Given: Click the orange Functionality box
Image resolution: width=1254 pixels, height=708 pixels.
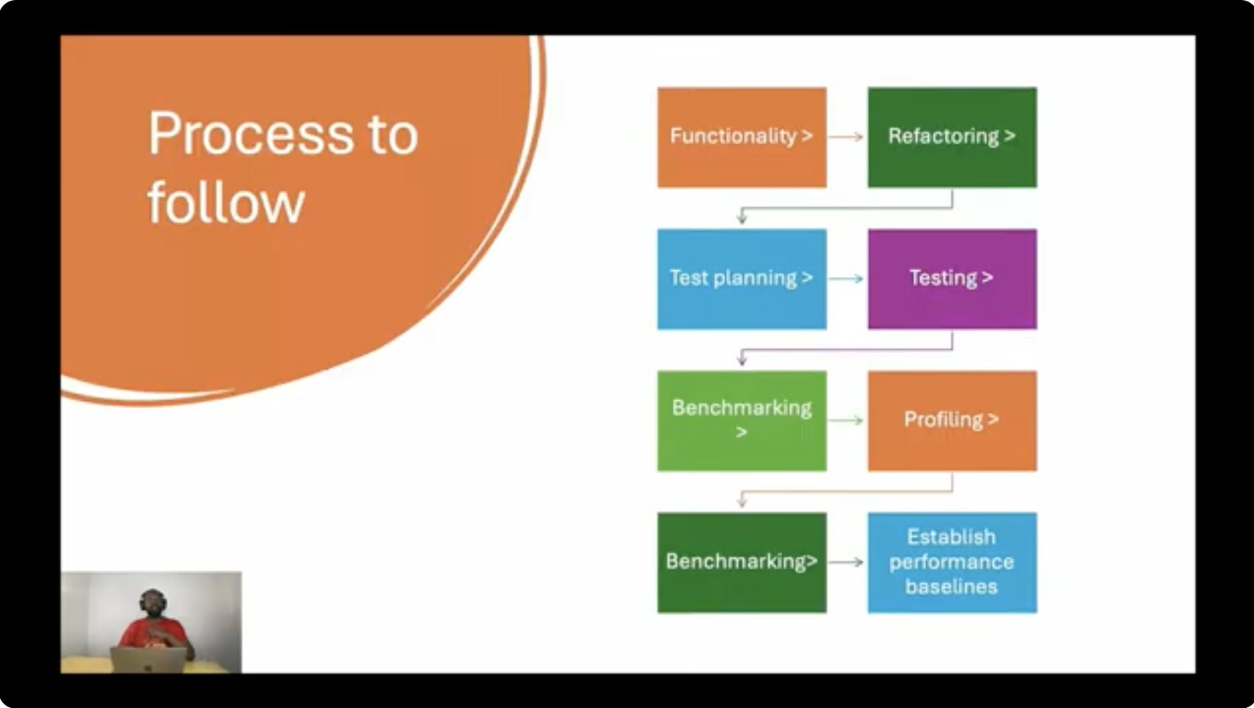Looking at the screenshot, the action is point(741,137).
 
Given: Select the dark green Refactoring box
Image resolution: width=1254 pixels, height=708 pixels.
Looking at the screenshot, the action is point(952,137).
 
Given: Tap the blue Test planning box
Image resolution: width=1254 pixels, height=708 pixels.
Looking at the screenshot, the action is point(741,279).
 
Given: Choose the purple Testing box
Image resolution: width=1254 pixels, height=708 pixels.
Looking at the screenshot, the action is point(952,279).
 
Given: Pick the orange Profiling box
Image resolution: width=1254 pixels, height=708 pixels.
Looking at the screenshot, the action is point(952,421).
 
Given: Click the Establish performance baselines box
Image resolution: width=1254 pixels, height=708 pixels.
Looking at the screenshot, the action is point(952,563).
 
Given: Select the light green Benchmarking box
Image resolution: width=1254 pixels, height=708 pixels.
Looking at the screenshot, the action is point(741,421).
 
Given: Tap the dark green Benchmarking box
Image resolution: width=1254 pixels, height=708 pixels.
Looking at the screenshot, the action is point(741,563).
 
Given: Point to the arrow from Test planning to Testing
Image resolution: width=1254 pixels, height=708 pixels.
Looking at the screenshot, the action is point(846,279).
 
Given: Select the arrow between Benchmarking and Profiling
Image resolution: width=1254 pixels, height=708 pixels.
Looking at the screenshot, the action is point(846,420).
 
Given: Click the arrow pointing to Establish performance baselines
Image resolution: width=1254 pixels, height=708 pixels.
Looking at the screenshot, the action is point(846,562).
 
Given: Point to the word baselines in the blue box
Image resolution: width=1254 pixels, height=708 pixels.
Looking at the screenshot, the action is point(952,586).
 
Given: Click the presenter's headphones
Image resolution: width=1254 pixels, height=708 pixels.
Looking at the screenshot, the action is point(152,599).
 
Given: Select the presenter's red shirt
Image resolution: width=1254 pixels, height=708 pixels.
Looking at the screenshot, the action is point(152,634).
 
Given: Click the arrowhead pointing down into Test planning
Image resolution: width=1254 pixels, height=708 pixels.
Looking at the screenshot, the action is point(742,219).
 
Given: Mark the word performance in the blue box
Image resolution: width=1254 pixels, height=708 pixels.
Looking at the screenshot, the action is point(952,562).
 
